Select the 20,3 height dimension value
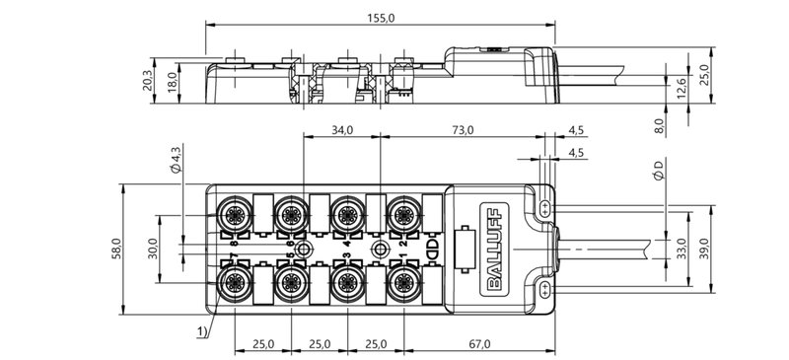[x=148, y=80]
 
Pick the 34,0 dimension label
[x=342, y=129]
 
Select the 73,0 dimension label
[x=464, y=129]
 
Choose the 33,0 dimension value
[x=679, y=245]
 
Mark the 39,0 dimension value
[x=703, y=245]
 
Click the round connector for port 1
[x=400, y=282]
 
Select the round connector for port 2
[x=400, y=211]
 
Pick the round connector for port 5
[x=290, y=282]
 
